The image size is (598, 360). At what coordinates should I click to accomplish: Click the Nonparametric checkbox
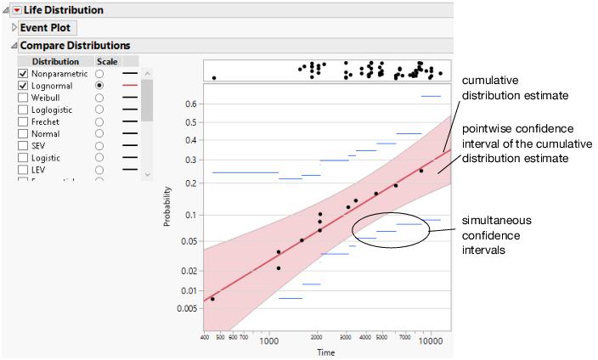23,74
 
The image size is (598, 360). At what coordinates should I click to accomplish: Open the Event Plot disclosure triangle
14,27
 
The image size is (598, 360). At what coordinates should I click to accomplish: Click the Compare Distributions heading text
75,45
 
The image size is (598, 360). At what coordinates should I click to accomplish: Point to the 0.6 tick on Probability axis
190,104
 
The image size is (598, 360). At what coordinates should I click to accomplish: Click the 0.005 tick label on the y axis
187,308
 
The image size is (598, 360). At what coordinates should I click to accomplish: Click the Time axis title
326,352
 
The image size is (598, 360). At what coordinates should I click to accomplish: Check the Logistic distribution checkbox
23,157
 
